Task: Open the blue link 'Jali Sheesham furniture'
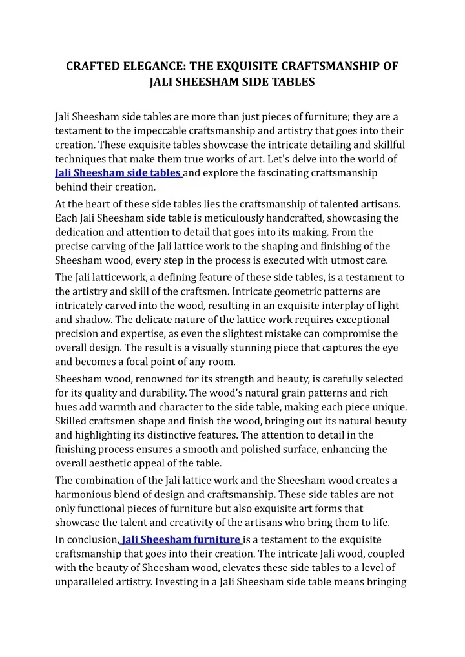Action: [181, 539]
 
